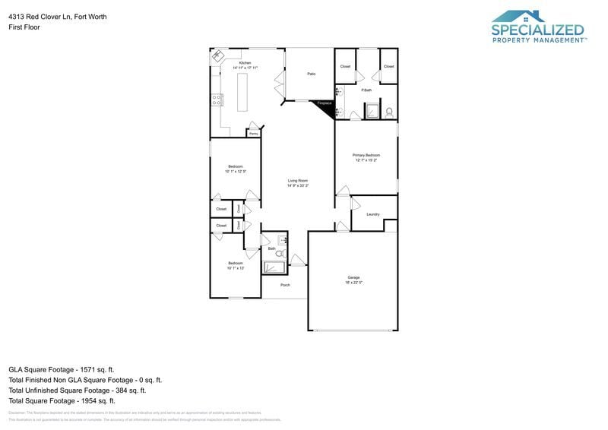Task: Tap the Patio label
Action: [311, 74]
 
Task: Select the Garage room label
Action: [354, 277]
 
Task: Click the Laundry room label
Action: [373, 214]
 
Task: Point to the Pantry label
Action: [253, 134]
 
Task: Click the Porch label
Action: [285, 285]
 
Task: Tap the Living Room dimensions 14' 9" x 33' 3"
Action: [297, 185]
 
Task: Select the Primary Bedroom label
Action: [366, 155]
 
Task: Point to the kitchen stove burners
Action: [217, 98]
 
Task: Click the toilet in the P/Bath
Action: [389, 112]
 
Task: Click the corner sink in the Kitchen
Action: [218, 55]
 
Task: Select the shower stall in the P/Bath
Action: [372, 112]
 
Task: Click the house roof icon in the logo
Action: [518, 17]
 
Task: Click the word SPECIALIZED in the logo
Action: [538, 30]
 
